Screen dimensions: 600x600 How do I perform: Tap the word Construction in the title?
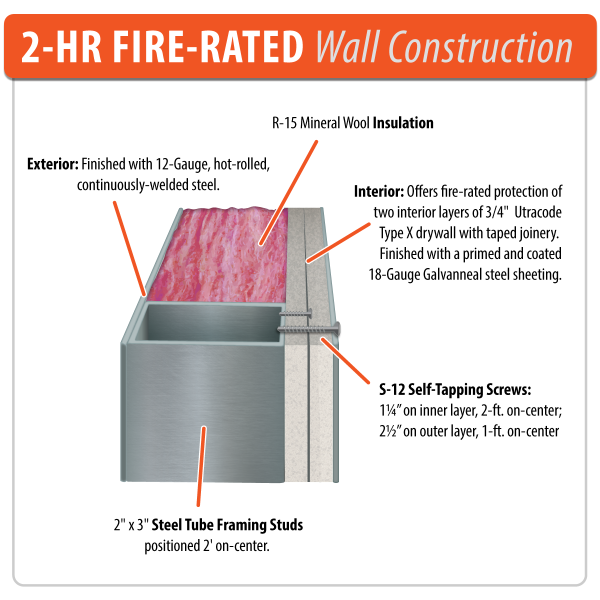(x=480, y=47)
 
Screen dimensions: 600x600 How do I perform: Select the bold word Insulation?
(x=403, y=123)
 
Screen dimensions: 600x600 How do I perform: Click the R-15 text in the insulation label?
(x=284, y=123)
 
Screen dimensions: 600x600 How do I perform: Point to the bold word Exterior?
(x=52, y=164)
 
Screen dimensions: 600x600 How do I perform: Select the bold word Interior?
(x=378, y=191)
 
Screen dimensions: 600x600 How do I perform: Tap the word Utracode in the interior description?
(x=538, y=212)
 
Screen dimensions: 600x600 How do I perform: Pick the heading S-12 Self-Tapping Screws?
(x=455, y=389)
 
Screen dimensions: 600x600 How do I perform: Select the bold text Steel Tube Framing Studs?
(x=227, y=525)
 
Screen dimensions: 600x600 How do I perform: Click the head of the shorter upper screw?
(x=310, y=314)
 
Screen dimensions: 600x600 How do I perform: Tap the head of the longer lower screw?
(x=337, y=328)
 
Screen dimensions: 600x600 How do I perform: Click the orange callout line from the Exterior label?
(x=129, y=247)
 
